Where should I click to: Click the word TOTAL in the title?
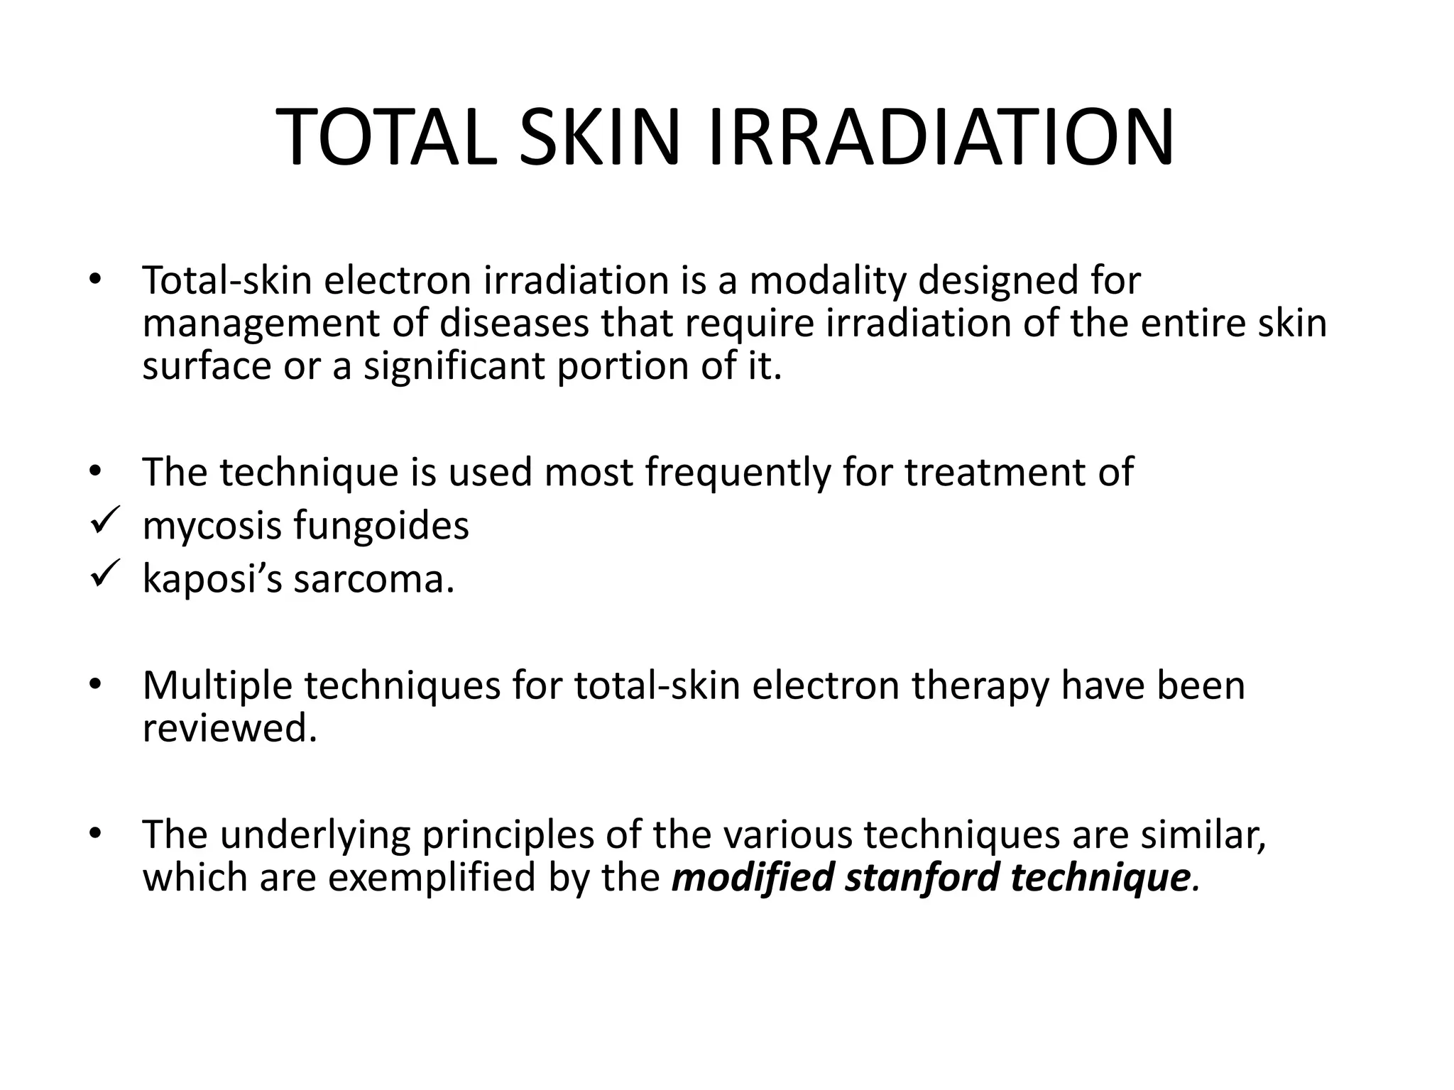pos(387,138)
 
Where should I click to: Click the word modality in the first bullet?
pos(828,280)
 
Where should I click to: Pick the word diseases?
pos(514,323)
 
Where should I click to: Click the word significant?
pos(454,367)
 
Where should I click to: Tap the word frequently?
pos(738,473)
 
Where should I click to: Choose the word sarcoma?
pos(373,580)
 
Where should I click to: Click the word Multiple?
pos(218,686)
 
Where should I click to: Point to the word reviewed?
pos(229,729)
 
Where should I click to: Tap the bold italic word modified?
pos(753,877)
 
